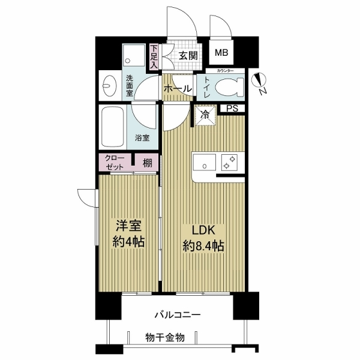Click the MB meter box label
(x=221, y=53)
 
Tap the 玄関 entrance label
(x=188, y=55)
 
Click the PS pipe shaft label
(x=232, y=109)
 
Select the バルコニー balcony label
(x=177, y=314)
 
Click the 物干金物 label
(x=164, y=337)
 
